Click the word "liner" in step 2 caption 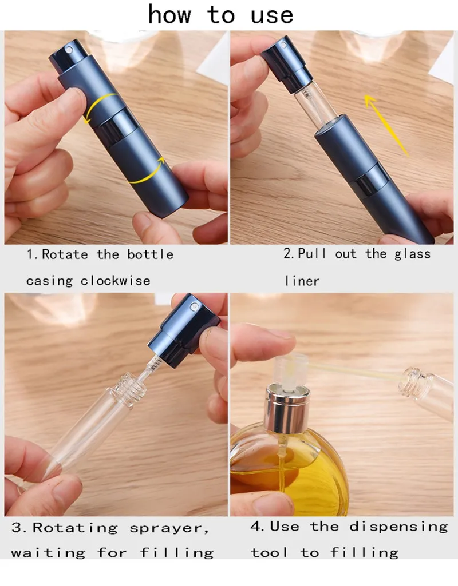click(x=302, y=281)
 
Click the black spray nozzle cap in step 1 click(x=68, y=58)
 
